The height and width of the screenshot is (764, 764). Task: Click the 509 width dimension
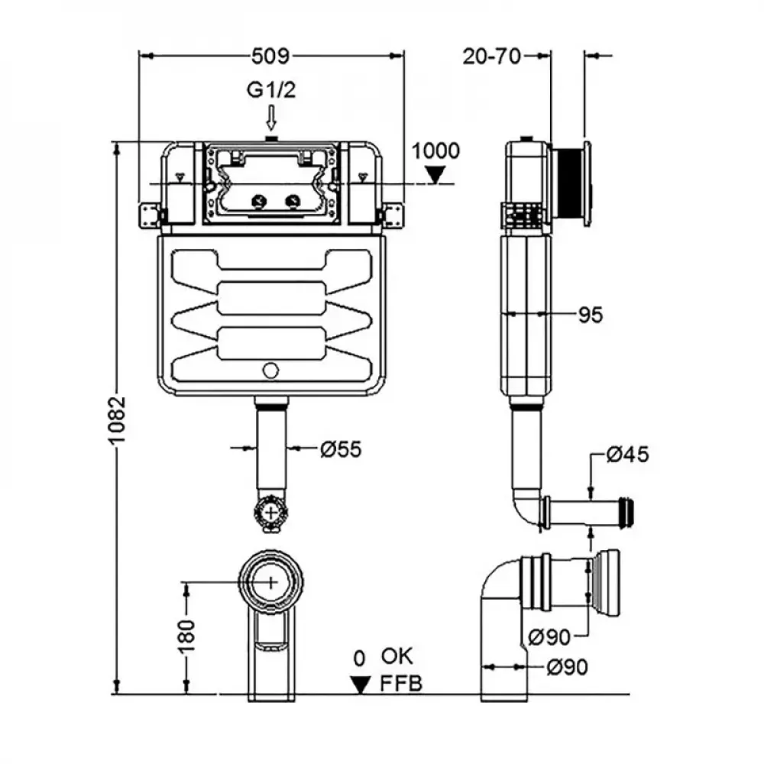click(x=271, y=56)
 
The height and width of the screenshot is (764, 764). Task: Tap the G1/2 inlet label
click(x=270, y=90)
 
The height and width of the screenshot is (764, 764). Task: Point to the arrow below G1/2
click(x=270, y=118)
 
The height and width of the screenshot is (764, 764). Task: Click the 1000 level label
click(x=436, y=151)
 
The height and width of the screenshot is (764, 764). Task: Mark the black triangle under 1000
click(x=436, y=175)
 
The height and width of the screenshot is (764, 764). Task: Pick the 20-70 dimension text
click(x=492, y=56)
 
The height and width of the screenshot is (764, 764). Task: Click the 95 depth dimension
click(x=590, y=314)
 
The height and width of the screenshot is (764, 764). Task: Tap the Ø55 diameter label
click(x=340, y=449)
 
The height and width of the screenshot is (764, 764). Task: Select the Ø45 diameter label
click(x=627, y=455)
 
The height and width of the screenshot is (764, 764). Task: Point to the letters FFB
click(x=401, y=683)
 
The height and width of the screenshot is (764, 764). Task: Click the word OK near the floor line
click(x=397, y=656)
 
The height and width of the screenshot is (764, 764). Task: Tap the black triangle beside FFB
click(x=358, y=684)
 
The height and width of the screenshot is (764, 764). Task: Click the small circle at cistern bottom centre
click(x=270, y=371)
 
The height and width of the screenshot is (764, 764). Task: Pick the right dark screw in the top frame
click(x=292, y=202)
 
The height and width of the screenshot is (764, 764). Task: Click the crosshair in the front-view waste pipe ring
click(x=271, y=581)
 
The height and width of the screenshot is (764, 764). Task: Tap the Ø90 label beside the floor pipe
click(x=567, y=667)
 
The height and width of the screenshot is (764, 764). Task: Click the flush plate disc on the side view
click(x=585, y=184)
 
